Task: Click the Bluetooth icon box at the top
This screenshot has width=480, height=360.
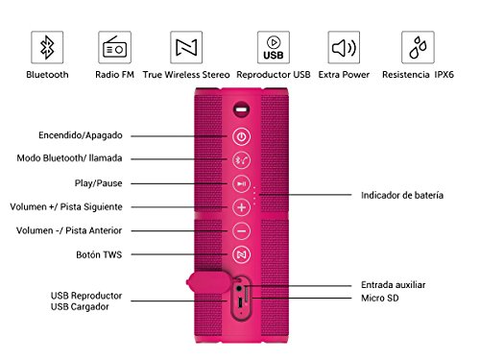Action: tap(47, 47)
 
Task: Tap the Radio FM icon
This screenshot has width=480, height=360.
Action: tap(114, 47)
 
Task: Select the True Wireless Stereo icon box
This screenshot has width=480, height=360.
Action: tap(186, 47)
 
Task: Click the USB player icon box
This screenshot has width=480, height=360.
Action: tap(274, 47)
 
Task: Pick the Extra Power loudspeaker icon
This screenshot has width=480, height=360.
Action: tap(344, 47)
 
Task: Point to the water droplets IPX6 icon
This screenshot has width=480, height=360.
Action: tap(418, 47)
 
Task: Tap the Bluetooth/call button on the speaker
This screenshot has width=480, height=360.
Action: tap(241, 160)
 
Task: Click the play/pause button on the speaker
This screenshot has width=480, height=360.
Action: tap(241, 183)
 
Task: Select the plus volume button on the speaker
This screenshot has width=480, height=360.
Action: tap(241, 207)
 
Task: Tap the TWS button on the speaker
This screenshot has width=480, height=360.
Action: tap(241, 254)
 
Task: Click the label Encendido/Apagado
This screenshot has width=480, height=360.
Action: tap(81, 135)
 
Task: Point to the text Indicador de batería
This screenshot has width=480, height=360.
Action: tap(402, 195)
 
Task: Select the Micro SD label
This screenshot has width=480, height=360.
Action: tap(380, 299)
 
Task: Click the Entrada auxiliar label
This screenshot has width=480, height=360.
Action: tap(394, 285)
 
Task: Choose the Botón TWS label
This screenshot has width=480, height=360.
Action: tap(99, 254)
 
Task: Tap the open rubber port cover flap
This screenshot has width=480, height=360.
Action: tap(208, 282)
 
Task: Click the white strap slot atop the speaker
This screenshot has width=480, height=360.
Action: tap(242, 109)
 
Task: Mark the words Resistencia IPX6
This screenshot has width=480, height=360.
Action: tap(418, 75)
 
